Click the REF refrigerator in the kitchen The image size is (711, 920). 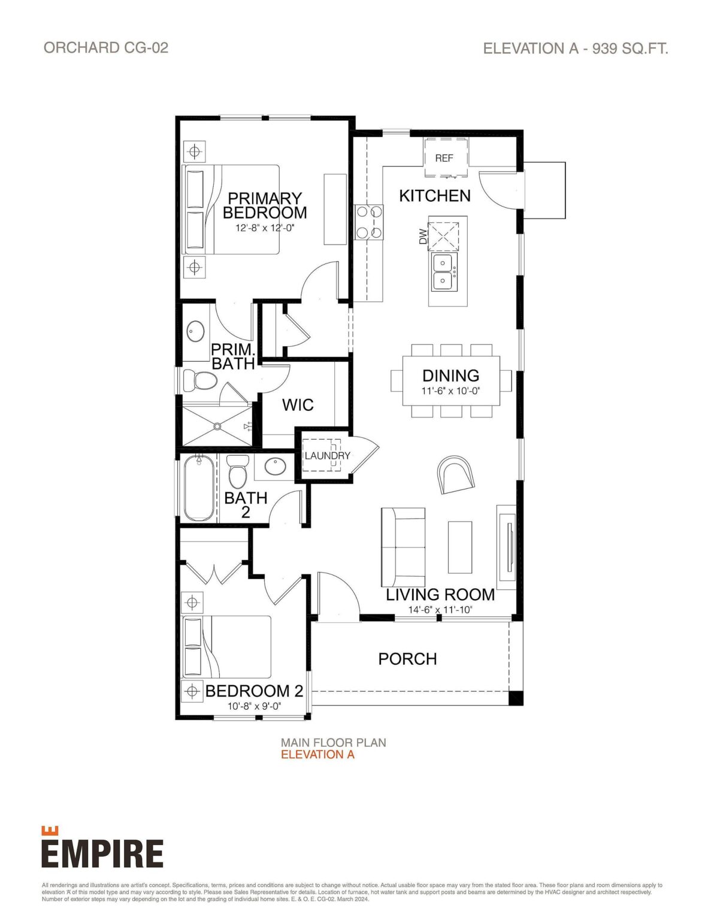click(x=446, y=158)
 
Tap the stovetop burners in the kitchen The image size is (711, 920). click(x=369, y=222)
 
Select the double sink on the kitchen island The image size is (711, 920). click(x=444, y=271)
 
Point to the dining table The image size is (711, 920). click(x=451, y=382)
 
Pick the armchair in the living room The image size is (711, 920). click(x=456, y=474)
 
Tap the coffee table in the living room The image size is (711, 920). click(x=460, y=547)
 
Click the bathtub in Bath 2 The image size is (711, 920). click(x=199, y=489)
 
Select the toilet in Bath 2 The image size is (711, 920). click(x=236, y=472)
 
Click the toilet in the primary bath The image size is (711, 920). click(x=199, y=380)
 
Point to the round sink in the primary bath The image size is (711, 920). click(x=195, y=331)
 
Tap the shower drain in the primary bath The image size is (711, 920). click(x=217, y=425)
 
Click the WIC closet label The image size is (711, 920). click(x=298, y=405)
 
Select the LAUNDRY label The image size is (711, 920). click(x=327, y=456)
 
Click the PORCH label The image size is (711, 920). click(x=407, y=659)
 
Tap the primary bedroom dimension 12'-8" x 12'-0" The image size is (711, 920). click(x=265, y=228)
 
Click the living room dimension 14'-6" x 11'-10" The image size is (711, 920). click(x=440, y=610)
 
